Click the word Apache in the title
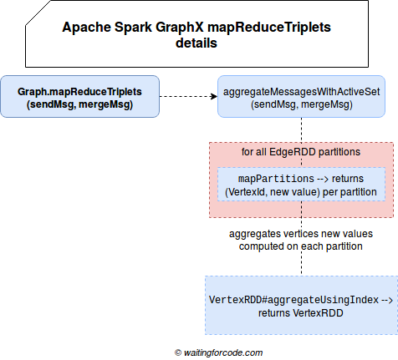[86, 28]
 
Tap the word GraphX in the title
[180, 28]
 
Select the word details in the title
[196, 43]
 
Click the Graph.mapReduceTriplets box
[80, 96]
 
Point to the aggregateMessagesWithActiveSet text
[301, 92]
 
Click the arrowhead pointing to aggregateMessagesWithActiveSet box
[214, 96]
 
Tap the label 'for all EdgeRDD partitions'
[301, 152]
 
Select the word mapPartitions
[276, 179]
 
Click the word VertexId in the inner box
[246, 192]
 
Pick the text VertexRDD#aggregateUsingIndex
[293, 300]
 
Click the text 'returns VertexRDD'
[301, 313]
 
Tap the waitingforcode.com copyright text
[218, 352]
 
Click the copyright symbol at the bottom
[178, 353]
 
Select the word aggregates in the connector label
[255, 234]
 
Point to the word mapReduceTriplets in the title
[269, 28]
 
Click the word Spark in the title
[133, 28]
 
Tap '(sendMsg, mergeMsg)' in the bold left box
[80, 104]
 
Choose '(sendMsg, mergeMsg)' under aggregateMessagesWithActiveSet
[302, 104]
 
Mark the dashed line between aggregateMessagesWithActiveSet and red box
[301, 130]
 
